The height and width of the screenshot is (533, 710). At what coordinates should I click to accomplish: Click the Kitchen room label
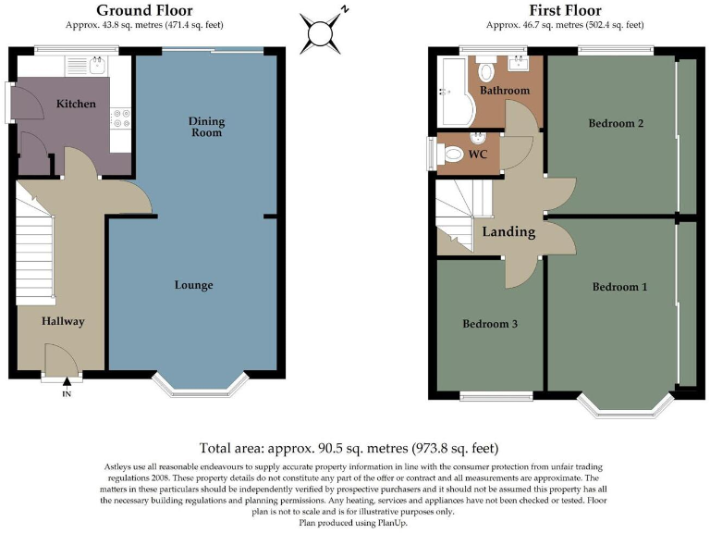(x=75, y=104)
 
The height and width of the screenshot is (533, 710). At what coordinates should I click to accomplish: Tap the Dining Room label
(x=206, y=127)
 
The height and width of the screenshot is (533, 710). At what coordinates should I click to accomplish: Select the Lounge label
(x=194, y=285)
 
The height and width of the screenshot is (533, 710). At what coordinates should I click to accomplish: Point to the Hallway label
(x=62, y=321)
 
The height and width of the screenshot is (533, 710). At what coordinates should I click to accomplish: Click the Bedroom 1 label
(x=619, y=287)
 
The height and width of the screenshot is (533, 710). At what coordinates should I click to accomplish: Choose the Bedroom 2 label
(x=615, y=123)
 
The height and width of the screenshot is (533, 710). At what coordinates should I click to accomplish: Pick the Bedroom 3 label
(x=490, y=324)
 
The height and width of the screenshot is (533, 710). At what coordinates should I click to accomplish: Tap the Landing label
(x=508, y=231)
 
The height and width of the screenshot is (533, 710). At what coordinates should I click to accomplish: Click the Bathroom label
(x=505, y=91)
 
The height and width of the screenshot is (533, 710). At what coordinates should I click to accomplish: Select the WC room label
(x=478, y=155)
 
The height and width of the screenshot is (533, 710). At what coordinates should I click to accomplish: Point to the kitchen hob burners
(x=120, y=118)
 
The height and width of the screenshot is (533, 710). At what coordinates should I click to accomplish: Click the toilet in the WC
(x=452, y=154)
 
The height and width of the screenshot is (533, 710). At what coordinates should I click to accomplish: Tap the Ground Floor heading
(x=144, y=10)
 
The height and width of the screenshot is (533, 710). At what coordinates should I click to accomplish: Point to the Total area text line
(x=354, y=447)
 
